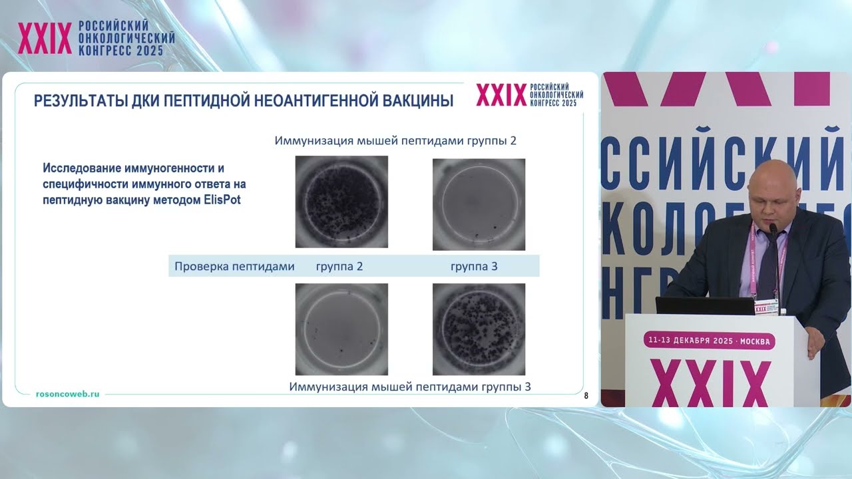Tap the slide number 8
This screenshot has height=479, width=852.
586,396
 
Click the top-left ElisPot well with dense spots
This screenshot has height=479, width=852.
341,202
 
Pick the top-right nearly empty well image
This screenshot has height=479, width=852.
479,204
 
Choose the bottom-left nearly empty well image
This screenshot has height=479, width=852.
341,329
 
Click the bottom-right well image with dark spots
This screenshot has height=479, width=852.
479,329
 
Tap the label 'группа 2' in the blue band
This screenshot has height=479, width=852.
339,267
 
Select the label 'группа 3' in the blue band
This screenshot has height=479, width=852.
474,267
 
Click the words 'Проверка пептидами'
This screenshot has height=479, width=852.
234,267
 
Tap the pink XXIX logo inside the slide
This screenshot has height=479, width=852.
501,96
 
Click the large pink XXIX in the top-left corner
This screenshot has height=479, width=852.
45,39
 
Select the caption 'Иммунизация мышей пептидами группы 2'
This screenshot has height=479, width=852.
395,141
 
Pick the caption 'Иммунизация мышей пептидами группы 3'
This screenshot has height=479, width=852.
410,387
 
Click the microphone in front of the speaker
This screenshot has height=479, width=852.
773,230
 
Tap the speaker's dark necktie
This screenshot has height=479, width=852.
769,263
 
